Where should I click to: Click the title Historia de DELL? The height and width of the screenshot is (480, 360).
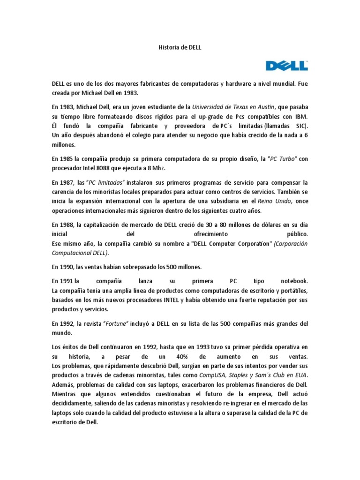click(x=180, y=47)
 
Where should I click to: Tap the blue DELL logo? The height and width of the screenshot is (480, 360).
click(x=287, y=65)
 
